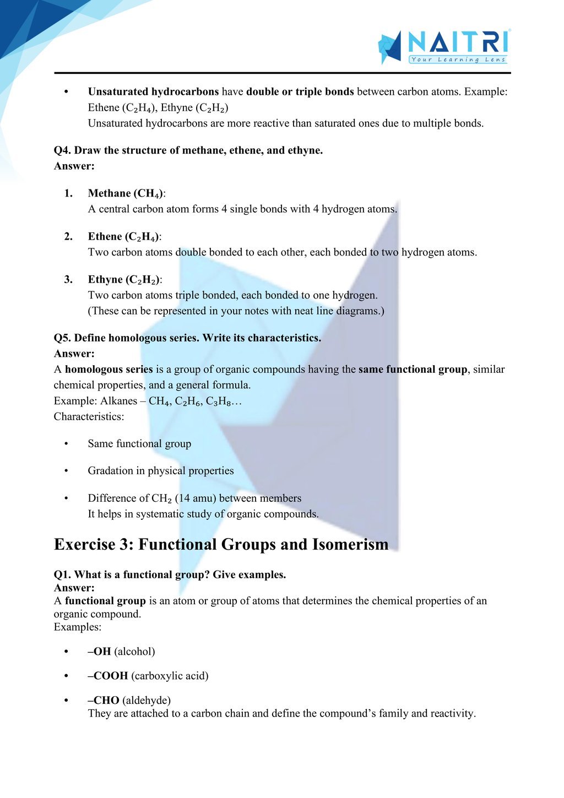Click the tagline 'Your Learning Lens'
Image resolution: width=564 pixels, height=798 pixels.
pyautogui.click(x=458, y=59)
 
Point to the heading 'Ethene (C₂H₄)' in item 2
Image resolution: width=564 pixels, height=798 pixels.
pyautogui.click(x=124, y=237)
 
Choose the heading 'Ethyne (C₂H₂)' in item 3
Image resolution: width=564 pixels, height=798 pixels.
pyautogui.click(x=124, y=280)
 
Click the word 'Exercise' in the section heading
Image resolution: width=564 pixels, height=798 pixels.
pyautogui.click(x=84, y=545)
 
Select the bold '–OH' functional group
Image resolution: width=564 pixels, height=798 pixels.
pyautogui.click(x=100, y=652)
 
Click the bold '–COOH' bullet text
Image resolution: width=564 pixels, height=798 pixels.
pyautogui.click(x=108, y=676)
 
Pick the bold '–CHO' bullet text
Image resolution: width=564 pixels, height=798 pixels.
pyautogui.click(x=104, y=701)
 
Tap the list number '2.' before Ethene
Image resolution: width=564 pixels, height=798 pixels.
pyautogui.click(x=68, y=237)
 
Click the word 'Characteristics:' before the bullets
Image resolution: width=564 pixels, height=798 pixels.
pyautogui.click(x=89, y=417)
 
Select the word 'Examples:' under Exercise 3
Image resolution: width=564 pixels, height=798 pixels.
pyautogui.click(x=78, y=627)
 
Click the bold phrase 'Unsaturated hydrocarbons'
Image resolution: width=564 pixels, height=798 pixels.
pyautogui.click(x=153, y=92)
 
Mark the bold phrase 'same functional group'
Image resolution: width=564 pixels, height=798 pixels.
pyautogui.click(x=413, y=370)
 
